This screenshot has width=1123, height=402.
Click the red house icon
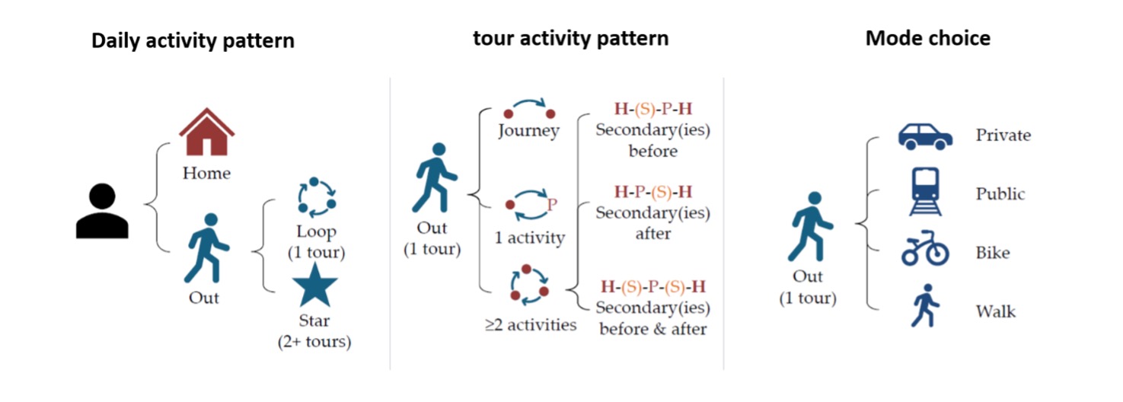(x=206, y=132)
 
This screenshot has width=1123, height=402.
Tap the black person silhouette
(x=102, y=211)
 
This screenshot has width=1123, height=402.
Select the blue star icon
(x=315, y=285)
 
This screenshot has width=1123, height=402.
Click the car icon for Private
(x=925, y=137)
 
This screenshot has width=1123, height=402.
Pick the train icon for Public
(x=925, y=192)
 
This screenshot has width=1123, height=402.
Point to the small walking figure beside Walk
(x=925, y=305)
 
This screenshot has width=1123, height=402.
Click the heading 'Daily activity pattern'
(x=193, y=40)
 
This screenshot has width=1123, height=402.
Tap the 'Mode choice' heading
(x=928, y=38)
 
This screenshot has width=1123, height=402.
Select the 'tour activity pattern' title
(x=571, y=39)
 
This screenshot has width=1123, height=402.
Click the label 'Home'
(x=206, y=173)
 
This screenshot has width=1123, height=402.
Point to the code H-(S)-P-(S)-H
(x=653, y=286)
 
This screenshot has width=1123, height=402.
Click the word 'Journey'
(x=528, y=131)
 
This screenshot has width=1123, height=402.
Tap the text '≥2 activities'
(x=531, y=325)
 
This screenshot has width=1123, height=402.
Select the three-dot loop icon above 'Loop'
(x=317, y=197)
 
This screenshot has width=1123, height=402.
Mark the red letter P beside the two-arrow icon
(x=552, y=205)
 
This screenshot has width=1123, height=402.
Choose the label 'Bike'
(x=993, y=252)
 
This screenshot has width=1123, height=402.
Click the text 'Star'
(x=314, y=320)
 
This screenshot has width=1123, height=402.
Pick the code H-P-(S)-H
(x=653, y=191)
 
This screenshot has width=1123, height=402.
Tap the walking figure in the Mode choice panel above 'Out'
(x=809, y=227)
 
